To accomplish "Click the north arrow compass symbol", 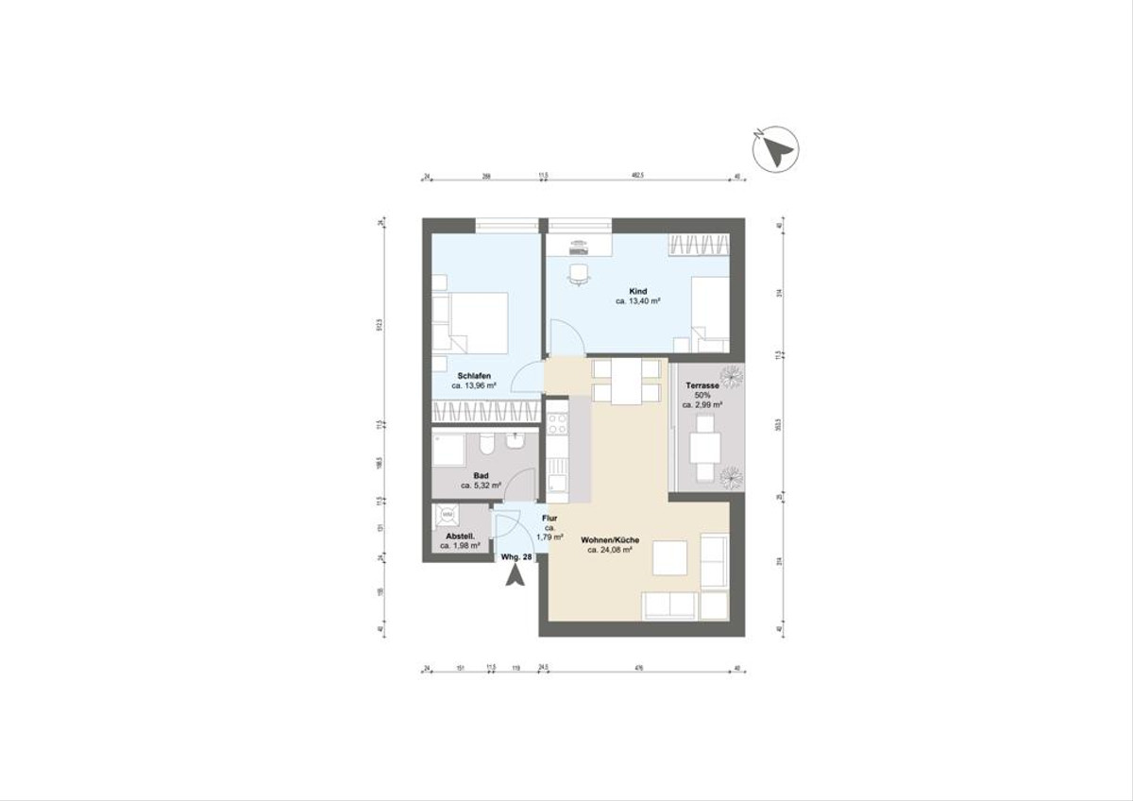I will click(777, 149).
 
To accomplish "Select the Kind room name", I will click(637, 290).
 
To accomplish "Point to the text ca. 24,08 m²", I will click(609, 550).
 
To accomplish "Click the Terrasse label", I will click(703, 386).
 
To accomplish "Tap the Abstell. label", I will click(457, 536).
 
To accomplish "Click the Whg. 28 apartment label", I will click(516, 557).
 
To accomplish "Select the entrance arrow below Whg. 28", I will click(515, 575).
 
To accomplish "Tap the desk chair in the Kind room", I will click(579, 274).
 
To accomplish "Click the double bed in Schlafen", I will click(472, 320).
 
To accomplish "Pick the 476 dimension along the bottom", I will click(639, 670).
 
